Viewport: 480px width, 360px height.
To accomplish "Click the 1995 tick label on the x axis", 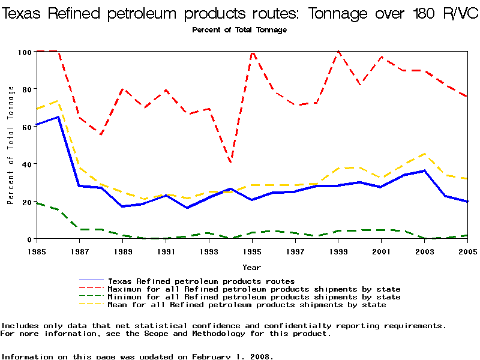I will pos(252,251).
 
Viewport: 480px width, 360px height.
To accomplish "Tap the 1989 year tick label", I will pos(123,251).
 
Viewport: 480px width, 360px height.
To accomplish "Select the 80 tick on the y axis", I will pos(26,89).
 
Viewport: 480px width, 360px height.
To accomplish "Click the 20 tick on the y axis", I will pos(26,202).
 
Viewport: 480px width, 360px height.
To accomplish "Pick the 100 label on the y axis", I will pos(24,52).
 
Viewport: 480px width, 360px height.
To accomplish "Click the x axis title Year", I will pos(251,267).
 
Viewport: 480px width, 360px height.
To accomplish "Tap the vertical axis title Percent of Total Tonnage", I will pos(11,145).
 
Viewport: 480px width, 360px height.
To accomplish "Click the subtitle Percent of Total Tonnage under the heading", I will pos(239,29).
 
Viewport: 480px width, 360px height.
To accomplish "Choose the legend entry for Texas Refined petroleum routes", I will pos(201,281).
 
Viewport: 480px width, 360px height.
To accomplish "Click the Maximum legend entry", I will pos(254,289).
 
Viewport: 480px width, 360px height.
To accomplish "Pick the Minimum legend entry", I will pos(254,296).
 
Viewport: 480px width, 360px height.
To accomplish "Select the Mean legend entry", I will pos(247,304).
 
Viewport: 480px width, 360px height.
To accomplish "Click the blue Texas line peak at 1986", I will pos(58,117).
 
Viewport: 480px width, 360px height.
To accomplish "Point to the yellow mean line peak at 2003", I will pos(424,154).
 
